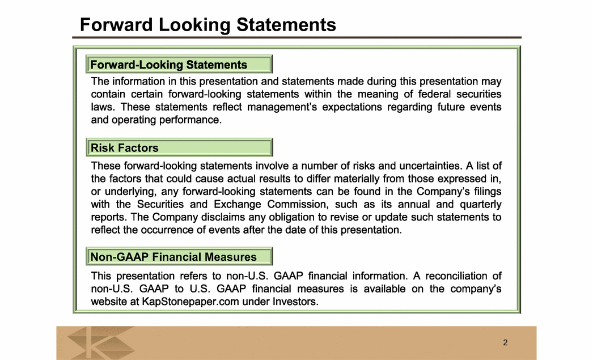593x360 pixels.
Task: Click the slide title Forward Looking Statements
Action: coord(208,25)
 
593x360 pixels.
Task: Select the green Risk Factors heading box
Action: coord(179,147)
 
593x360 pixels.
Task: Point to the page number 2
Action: coord(505,342)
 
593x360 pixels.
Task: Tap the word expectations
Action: coord(352,107)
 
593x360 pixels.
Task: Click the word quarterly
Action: coord(481,204)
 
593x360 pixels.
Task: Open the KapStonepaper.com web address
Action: coord(190,302)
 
